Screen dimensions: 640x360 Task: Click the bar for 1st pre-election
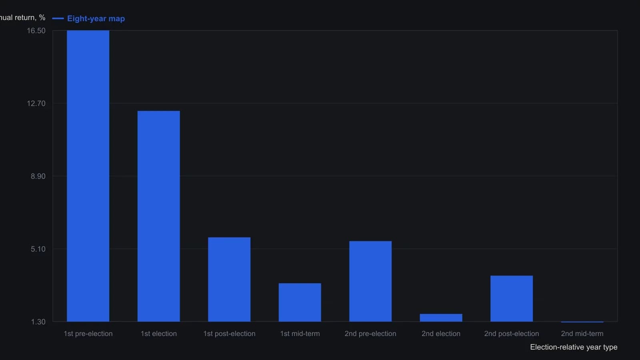pos(88,176)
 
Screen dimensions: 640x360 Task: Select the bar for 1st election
pos(158,216)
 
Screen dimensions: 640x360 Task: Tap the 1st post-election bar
pos(229,280)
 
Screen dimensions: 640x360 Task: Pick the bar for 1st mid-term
pos(300,302)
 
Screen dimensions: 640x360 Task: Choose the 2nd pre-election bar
pos(370,282)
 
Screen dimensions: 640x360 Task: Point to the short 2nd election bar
pos(441,318)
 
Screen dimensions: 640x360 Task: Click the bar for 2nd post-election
pos(512,298)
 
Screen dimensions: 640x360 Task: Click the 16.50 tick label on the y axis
pos(36,30)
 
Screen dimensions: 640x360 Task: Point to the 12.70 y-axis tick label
pos(36,104)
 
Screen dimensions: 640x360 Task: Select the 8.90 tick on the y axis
pos(38,176)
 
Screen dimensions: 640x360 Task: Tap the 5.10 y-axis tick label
pos(38,249)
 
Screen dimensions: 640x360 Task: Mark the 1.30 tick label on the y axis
pos(38,322)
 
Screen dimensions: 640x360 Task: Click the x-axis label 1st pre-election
pos(88,334)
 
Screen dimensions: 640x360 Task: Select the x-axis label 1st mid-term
pos(300,334)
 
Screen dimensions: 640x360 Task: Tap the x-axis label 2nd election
pos(441,334)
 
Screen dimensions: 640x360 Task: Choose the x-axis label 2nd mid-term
pos(582,334)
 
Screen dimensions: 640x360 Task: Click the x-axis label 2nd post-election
pos(512,334)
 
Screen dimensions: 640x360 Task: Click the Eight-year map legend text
pos(96,18)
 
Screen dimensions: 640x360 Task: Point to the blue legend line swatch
pos(58,18)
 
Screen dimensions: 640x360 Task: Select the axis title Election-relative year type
pos(574,347)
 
